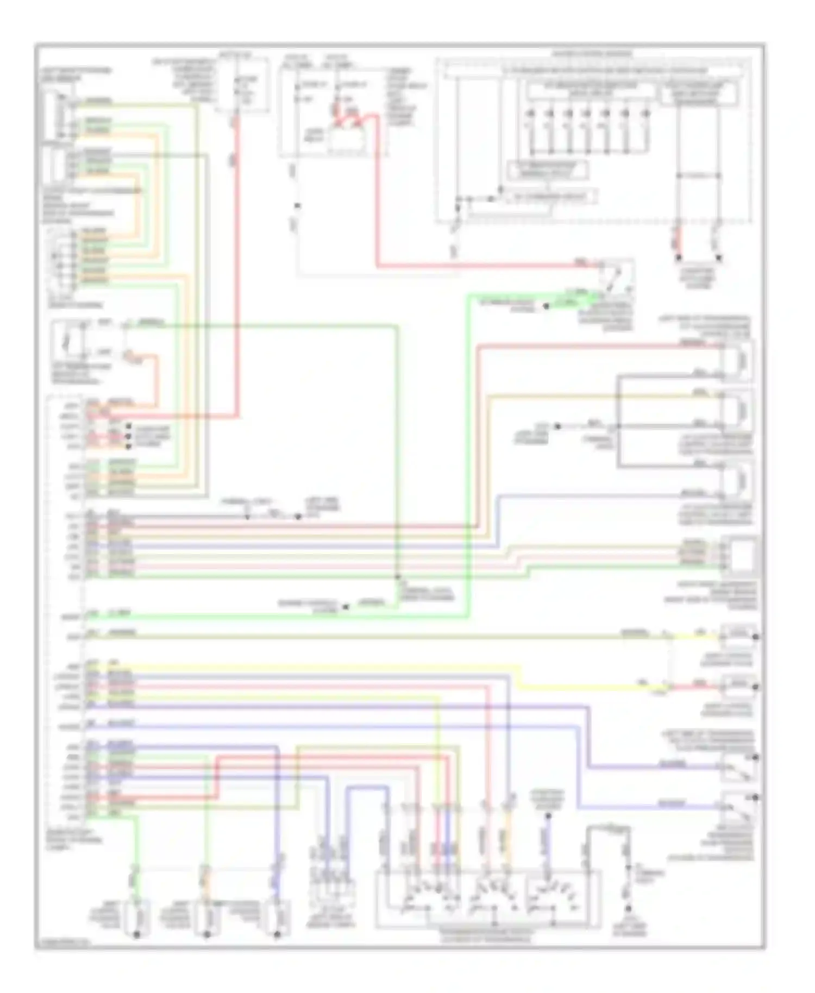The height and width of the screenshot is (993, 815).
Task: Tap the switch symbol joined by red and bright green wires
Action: coord(617,276)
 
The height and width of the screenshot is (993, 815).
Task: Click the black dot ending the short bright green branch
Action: coord(547,307)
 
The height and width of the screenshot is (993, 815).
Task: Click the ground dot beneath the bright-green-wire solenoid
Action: coord(137,935)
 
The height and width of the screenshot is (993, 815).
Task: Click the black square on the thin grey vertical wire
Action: coord(297,206)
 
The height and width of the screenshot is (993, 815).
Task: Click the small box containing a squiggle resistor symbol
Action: coord(68,342)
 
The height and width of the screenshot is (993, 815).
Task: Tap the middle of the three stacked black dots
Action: coord(129,436)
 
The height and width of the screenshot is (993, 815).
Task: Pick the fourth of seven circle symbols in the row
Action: coord(586,114)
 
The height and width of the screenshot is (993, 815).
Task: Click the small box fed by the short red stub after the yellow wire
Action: coord(739,687)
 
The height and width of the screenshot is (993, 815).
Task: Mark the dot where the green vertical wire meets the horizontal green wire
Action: coord(397,577)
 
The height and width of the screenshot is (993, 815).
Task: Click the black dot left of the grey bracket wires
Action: coord(557,426)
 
